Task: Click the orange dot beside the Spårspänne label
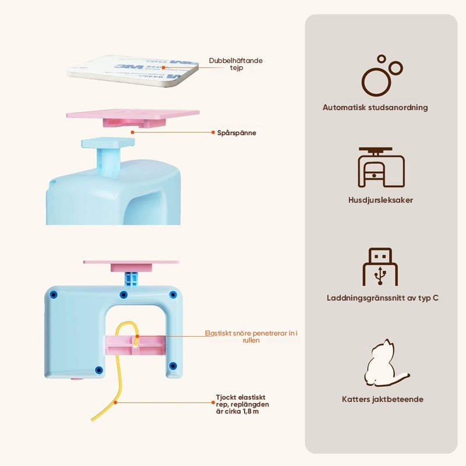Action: (213, 133)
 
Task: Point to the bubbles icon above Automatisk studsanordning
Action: (382, 76)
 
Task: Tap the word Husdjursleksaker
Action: (382, 200)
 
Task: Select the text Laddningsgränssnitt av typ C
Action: (382, 298)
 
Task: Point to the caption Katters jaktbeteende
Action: (382, 400)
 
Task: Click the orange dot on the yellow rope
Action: (116, 402)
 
